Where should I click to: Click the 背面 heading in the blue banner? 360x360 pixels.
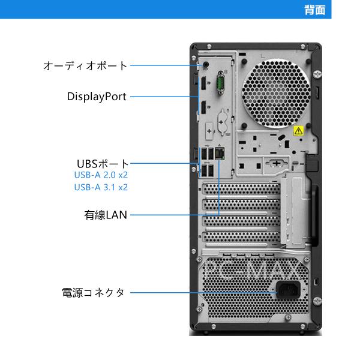tap(315, 10)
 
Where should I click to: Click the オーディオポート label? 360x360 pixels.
tap(85, 65)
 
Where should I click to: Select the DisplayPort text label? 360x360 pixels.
tap(97, 97)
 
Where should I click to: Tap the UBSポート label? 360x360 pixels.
tap(103, 164)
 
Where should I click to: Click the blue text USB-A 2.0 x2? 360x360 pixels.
tap(101, 175)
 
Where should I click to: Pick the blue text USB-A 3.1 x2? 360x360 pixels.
tap(101, 187)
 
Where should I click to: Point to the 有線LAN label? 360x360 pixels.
tap(106, 215)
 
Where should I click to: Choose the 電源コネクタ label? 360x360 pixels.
tap(93, 293)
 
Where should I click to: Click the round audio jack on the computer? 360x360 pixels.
tap(206, 65)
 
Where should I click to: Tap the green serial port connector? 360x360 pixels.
tap(221, 83)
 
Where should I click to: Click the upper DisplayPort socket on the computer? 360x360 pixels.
tap(203, 83)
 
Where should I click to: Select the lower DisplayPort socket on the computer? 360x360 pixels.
tap(203, 107)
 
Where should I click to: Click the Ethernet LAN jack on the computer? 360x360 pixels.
tap(220, 154)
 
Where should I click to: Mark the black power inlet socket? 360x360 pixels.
tap(288, 290)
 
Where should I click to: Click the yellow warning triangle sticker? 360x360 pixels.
tap(298, 131)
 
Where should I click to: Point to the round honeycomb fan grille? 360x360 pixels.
tap(276, 93)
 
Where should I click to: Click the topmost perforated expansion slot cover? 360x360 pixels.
tap(241, 189)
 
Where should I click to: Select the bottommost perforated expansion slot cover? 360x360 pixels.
tap(241, 237)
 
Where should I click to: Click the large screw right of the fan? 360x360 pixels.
tap(317, 74)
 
